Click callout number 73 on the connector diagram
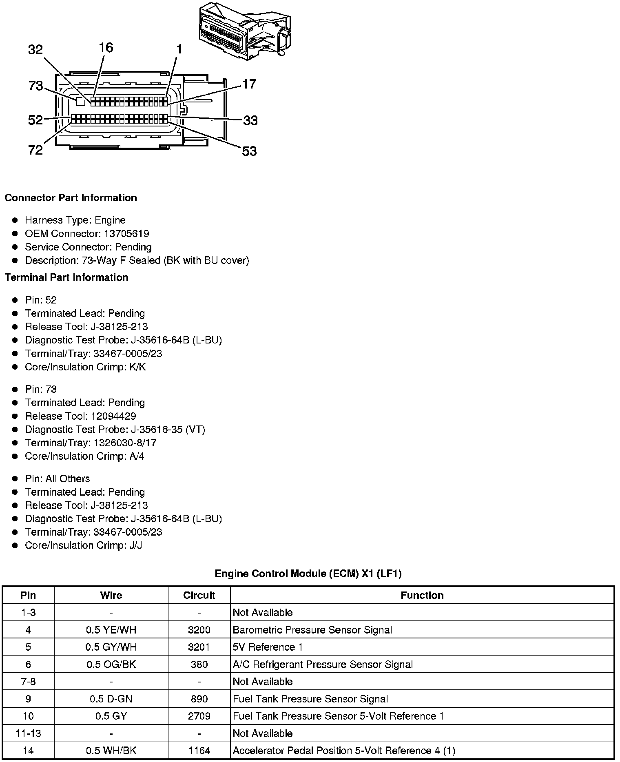[35, 86]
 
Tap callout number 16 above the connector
[106, 48]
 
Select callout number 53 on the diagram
[249, 151]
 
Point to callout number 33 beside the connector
[250, 120]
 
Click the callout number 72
[35, 150]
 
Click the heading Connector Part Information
[71, 198]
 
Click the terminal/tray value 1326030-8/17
[125, 443]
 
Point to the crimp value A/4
[137, 456]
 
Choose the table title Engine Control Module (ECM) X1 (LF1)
[308, 574]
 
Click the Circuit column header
[199, 595]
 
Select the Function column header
[422, 595]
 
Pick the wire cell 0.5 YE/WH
[111, 630]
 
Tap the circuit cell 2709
[199, 716]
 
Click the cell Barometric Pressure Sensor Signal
[312, 630]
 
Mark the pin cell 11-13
[28, 733]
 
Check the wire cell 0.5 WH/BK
[111, 751]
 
